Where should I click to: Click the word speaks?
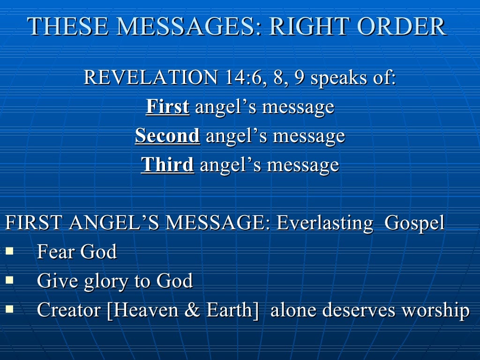[338, 77]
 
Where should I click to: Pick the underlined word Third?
[167, 165]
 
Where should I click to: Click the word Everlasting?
[325, 223]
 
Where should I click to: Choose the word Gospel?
[414, 223]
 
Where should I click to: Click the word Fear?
[55, 252]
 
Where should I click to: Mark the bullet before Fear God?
[9, 251]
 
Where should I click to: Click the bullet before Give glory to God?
[9, 280]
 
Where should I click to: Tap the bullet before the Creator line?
[9, 309]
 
